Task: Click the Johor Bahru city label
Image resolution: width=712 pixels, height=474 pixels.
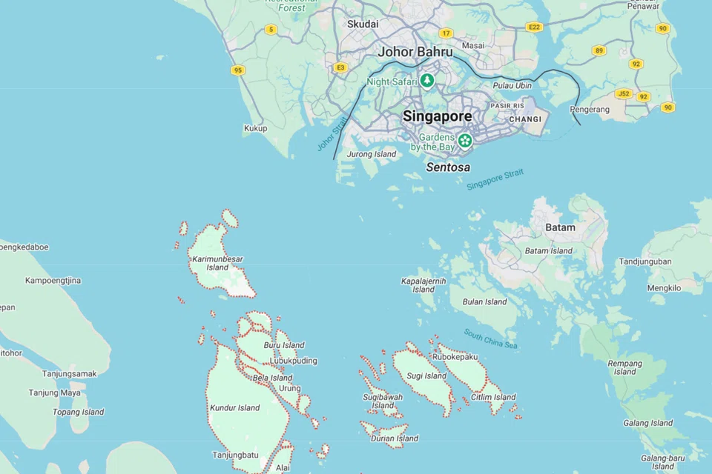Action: click(415, 52)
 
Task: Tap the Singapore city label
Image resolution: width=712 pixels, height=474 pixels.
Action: click(437, 116)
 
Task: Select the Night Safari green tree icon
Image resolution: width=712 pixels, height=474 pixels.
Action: click(426, 81)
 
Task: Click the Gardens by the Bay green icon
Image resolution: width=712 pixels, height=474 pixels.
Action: click(465, 140)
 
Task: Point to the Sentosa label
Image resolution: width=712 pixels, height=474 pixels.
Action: click(447, 167)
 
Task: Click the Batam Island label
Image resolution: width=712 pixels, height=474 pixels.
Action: click(548, 251)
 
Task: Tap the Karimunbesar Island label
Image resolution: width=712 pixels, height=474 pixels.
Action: click(217, 263)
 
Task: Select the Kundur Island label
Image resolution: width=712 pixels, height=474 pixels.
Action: click(234, 407)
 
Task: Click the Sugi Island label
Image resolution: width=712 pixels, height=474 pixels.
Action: click(426, 376)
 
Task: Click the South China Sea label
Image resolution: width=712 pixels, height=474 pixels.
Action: click(490, 339)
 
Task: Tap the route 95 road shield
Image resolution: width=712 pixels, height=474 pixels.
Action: click(237, 70)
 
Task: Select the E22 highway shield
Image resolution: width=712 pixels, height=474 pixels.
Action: click(533, 27)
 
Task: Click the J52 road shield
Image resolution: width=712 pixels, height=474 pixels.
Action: click(623, 94)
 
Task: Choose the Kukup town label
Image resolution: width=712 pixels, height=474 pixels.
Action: click(255, 128)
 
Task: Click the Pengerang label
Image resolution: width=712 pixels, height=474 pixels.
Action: click(590, 110)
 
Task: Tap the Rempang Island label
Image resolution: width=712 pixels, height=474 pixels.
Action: click(625, 367)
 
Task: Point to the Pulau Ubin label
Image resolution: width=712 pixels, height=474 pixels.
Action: click(512, 86)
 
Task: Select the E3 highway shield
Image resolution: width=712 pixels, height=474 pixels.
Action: click(340, 67)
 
